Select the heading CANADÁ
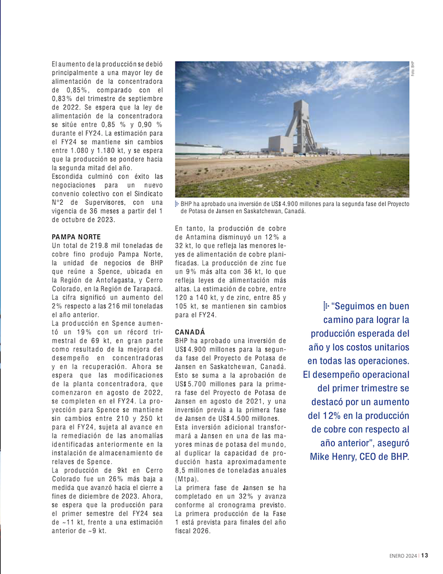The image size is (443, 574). (190, 332)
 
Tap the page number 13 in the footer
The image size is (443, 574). (425, 555)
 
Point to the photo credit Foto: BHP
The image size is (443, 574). (412, 70)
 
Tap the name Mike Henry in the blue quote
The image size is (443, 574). (332, 457)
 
